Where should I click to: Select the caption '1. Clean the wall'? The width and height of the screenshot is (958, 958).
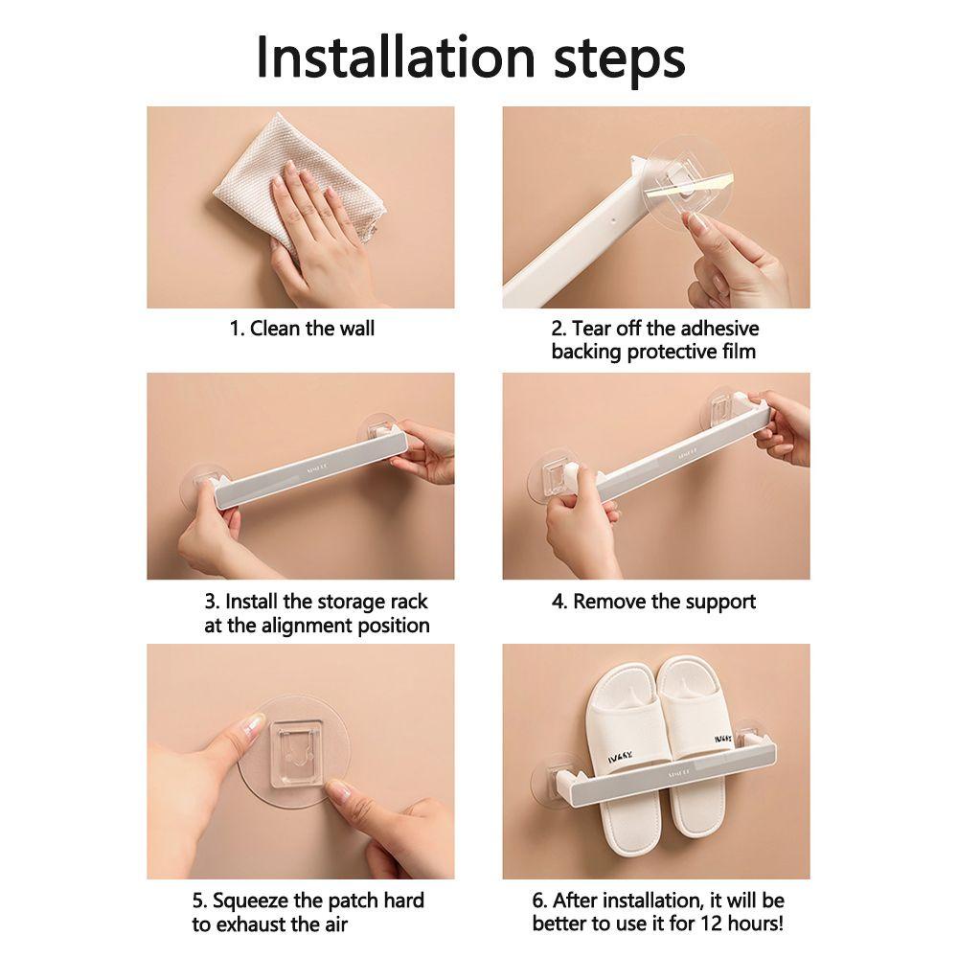coord(302,329)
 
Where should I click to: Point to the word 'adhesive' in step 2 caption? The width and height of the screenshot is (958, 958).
coord(719,328)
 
